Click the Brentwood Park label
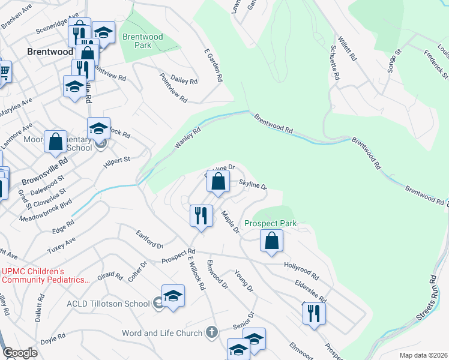[x=142, y=41]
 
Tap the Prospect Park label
[x=271, y=224]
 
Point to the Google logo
[x=20, y=353]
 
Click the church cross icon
[x=211, y=332]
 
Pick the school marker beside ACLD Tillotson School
[x=173, y=296]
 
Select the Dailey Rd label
[x=184, y=80]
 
